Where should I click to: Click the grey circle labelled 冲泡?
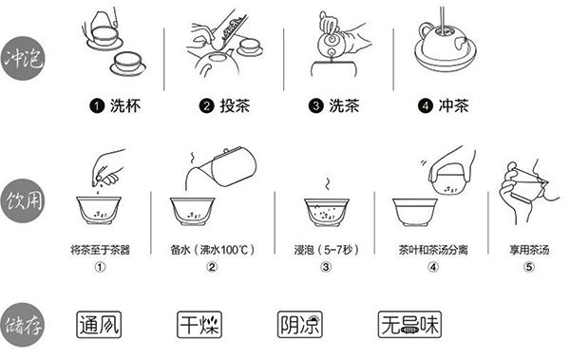[x=23, y=58]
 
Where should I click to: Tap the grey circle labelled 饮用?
[x=23, y=200]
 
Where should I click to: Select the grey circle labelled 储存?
[x=23, y=325]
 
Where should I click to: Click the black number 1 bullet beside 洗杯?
[x=97, y=106]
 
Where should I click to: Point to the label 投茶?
[x=235, y=105]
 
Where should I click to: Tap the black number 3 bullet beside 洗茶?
[x=315, y=106]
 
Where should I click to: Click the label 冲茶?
[x=453, y=105]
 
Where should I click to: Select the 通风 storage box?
[x=99, y=324]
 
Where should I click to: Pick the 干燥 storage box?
[x=199, y=324]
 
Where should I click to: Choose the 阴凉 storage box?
[x=300, y=324]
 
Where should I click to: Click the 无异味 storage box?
[x=409, y=324]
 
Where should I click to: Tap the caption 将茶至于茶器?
[x=100, y=250]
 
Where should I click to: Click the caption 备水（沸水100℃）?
[x=212, y=250]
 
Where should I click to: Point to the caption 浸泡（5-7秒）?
[x=326, y=250]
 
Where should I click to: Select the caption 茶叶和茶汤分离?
[x=433, y=250]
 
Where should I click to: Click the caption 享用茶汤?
[x=529, y=250]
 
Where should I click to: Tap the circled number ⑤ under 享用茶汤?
[x=529, y=267]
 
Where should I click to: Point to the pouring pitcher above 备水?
[x=220, y=168]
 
